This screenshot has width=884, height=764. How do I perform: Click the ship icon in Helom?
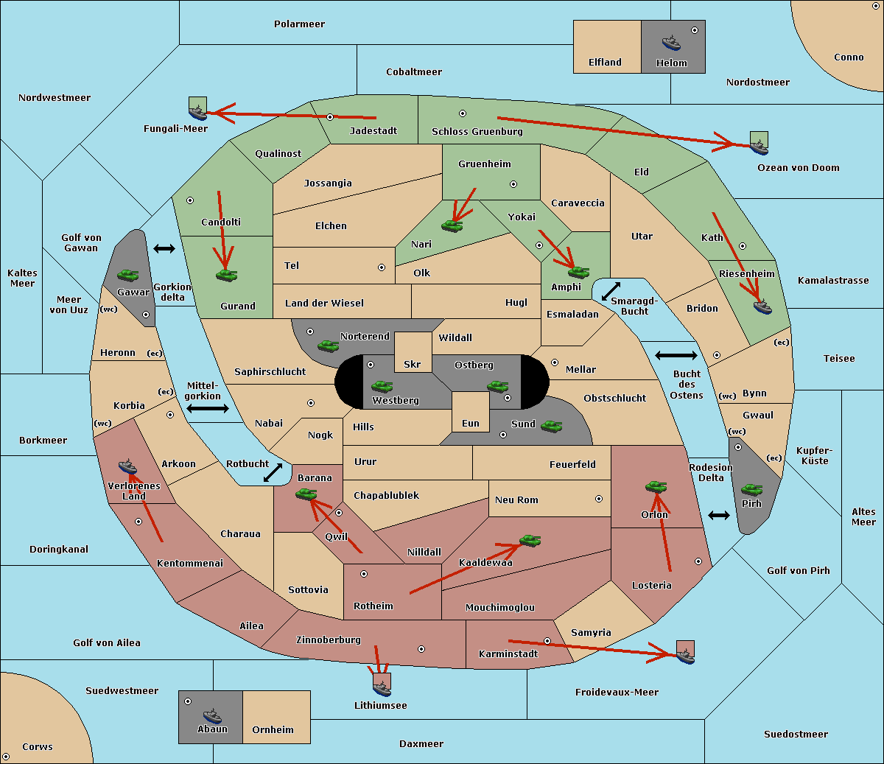[670, 42]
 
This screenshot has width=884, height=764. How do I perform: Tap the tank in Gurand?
[226, 275]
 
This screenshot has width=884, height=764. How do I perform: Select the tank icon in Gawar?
[128, 275]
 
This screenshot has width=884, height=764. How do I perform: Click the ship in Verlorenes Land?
[128, 466]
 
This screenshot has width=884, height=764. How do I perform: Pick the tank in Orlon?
[656, 486]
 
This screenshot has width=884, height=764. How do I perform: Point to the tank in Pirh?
[751, 489]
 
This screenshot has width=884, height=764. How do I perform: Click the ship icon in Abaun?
[212, 715]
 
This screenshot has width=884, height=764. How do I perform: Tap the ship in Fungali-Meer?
[197, 112]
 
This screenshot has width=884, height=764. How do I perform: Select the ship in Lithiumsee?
[382, 688]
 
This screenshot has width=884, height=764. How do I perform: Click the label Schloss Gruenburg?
[477, 132]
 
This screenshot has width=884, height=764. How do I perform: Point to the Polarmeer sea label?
[299, 24]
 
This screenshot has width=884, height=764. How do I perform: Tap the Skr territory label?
[413, 365]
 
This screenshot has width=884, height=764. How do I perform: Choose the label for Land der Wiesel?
[324, 303]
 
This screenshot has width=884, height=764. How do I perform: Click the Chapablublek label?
[386, 496]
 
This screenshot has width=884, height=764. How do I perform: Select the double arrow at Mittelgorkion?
[208, 409]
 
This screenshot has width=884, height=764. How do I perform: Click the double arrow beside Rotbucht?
[273, 472]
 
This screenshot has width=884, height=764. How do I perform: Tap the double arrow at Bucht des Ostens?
[676, 356]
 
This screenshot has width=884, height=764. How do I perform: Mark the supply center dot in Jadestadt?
[330, 117]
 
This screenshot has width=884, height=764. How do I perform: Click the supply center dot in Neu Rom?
[599, 499]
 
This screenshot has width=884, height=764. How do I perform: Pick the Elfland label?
[605, 63]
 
